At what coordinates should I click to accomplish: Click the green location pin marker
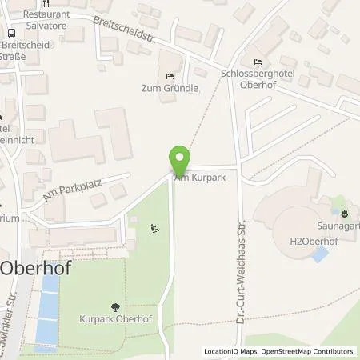click(181, 160)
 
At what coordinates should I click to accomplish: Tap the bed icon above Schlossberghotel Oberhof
click(257, 62)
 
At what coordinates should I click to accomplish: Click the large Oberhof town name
click(35, 268)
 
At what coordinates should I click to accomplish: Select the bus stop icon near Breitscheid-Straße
click(11, 33)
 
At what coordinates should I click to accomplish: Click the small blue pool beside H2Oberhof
click(320, 255)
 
